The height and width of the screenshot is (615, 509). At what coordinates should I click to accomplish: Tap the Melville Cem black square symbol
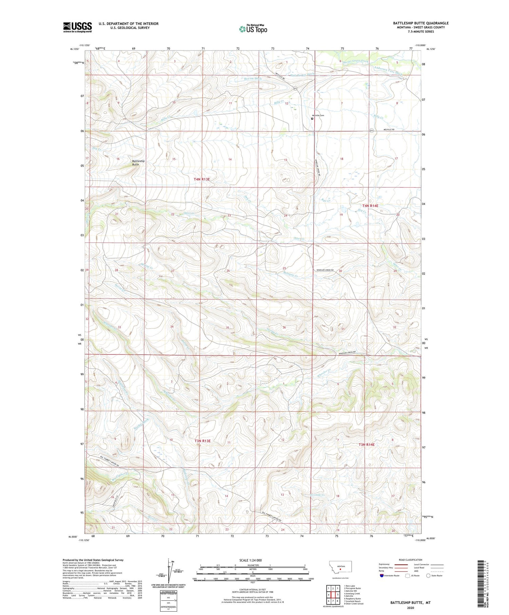point(312,119)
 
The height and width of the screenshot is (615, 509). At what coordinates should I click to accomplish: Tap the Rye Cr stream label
point(326,200)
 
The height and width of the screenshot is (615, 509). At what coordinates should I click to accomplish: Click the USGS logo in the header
point(77,27)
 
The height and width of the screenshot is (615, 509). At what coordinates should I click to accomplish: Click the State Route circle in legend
point(429,575)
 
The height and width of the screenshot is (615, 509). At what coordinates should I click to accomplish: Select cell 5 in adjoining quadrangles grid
point(338,594)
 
